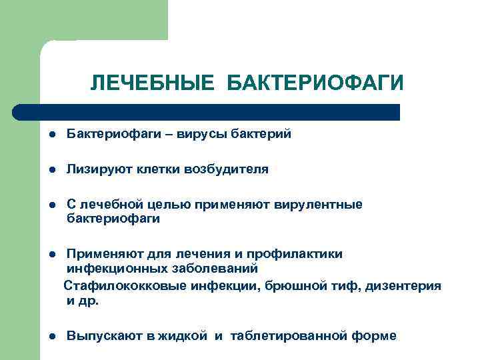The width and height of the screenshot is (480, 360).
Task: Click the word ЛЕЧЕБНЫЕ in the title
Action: pos(153,83)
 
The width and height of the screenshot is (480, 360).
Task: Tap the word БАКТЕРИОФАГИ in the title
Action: pos(315,83)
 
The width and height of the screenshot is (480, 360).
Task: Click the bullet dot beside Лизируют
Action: pos(51,170)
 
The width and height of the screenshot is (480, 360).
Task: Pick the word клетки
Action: pos(158,169)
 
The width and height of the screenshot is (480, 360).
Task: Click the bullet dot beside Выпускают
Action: pos(51,337)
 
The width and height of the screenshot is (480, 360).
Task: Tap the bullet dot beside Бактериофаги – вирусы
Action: pos(51,135)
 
